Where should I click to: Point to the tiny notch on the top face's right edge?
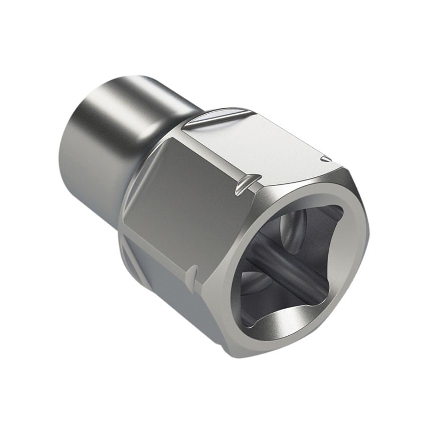click(326, 159)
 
